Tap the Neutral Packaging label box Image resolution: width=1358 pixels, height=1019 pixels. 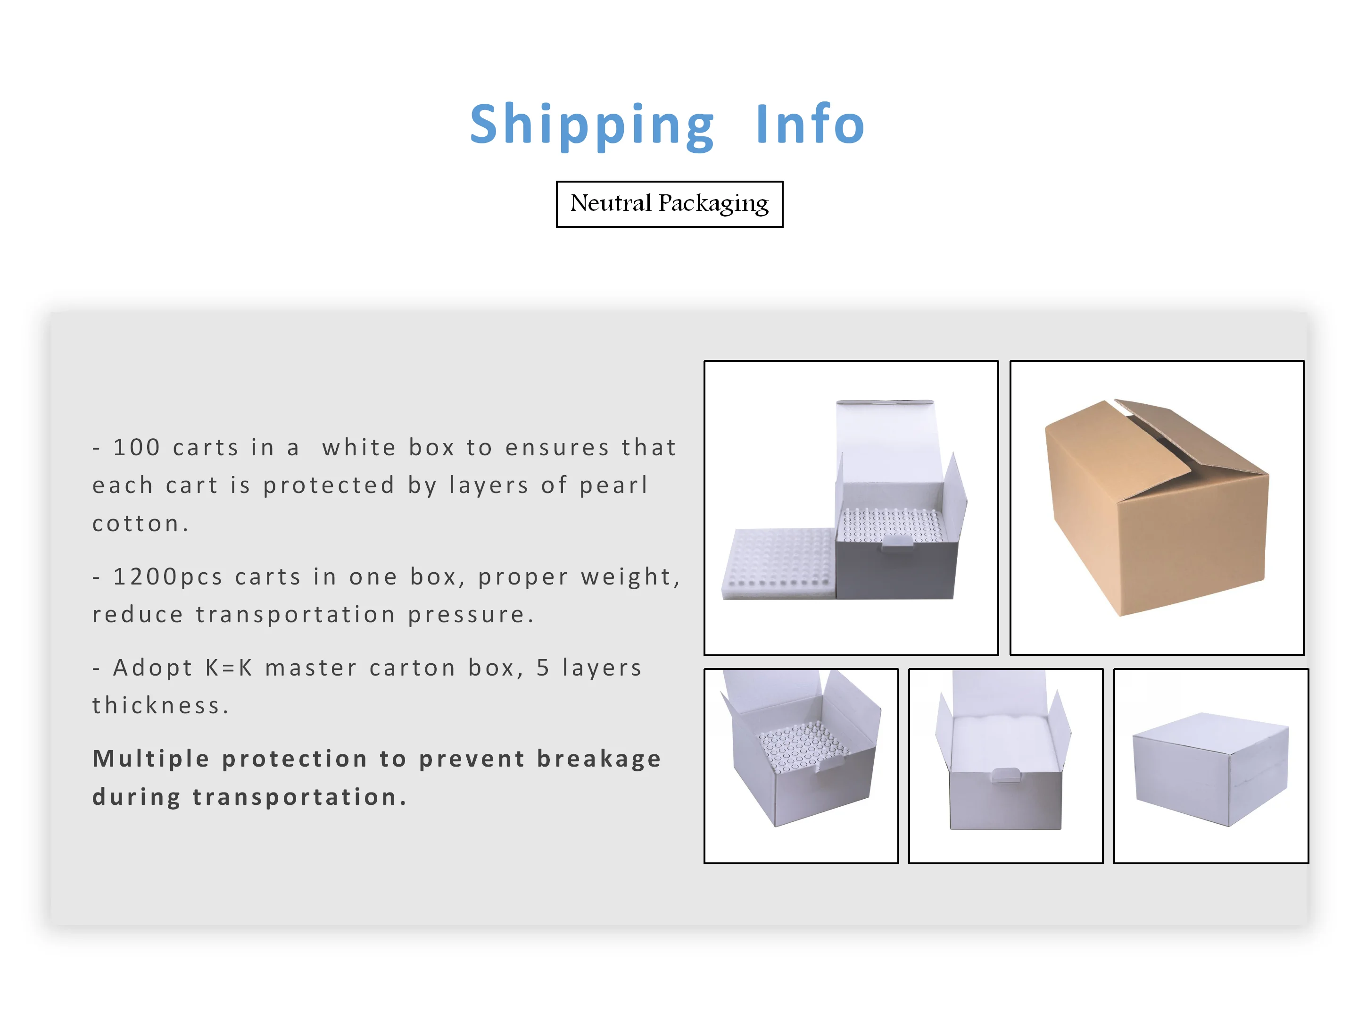(x=669, y=204)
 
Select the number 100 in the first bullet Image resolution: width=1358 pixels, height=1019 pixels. (x=136, y=447)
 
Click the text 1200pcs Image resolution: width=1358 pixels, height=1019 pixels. (x=167, y=577)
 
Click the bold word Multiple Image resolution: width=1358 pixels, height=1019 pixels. (x=151, y=759)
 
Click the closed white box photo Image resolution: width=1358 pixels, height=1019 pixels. (x=1211, y=768)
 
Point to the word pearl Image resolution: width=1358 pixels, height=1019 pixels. (x=613, y=485)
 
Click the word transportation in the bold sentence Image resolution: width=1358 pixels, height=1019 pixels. (x=294, y=797)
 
